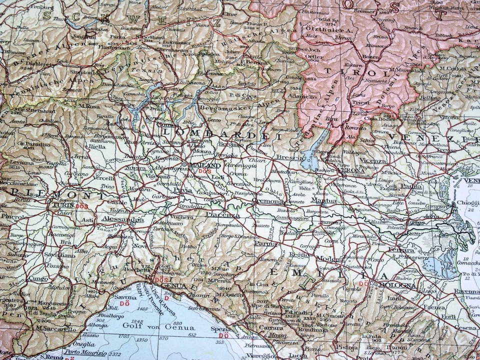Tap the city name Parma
point(265,243)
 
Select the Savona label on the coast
point(125,297)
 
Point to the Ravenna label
point(466,291)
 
